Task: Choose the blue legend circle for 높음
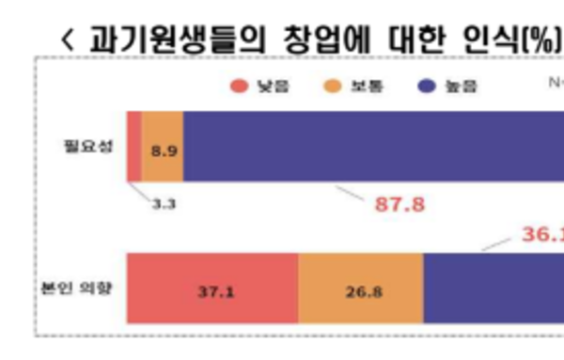tap(425, 86)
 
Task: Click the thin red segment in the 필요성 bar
tap(134, 146)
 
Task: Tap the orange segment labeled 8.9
tap(163, 146)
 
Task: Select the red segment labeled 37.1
tap(212, 289)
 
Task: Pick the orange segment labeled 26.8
tap(361, 289)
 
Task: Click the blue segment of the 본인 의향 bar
tap(493, 289)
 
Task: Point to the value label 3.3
tap(162, 200)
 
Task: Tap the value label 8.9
tap(164, 148)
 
